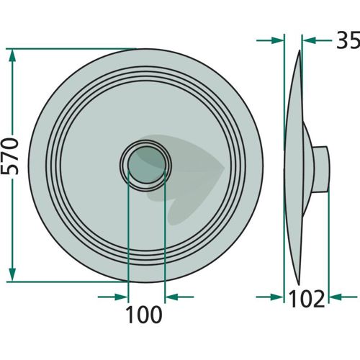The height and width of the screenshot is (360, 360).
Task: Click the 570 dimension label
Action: (9, 156)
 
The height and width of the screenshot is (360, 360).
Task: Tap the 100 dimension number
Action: (144, 315)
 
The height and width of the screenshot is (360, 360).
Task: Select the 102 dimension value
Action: (307, 299)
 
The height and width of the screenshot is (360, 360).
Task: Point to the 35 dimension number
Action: (348, 40)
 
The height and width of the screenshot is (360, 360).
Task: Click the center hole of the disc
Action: (147, 165)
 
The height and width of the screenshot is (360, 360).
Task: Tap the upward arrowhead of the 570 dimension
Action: (12, 56)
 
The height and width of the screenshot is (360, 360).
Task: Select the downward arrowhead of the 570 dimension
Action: (12, 274)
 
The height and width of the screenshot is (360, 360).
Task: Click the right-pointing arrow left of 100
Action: (113, 297)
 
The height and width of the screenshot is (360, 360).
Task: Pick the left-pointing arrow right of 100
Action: (179, 297)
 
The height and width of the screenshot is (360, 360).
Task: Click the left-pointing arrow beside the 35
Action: (317, 40)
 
